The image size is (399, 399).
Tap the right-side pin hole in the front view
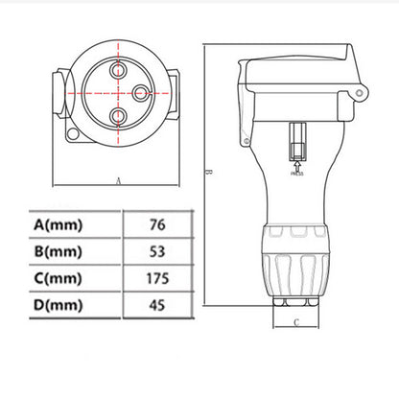coord(138,93)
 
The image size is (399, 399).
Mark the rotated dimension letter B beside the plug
coord(208,173)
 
